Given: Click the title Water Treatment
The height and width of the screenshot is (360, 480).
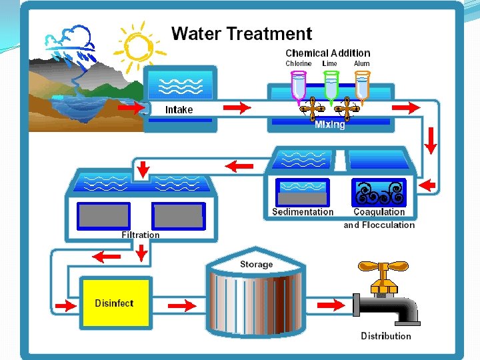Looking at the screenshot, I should [x=241, y=34].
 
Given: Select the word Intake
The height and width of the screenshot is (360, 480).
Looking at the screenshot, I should [x=179, y=110].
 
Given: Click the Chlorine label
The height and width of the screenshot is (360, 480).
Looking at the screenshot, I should [x=298, y=64].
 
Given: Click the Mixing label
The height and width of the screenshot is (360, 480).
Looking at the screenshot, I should [x=330, y=125].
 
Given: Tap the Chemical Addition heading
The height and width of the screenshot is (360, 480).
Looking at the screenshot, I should [x=327, y=53].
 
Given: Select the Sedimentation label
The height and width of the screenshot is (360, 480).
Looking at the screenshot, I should [x=303, y=212].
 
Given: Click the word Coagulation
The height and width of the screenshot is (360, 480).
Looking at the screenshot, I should [x=379, y=212].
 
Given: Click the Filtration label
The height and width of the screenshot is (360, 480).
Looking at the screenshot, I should [x=141, y=235].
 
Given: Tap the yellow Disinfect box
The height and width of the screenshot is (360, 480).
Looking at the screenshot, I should [x=114, y=303].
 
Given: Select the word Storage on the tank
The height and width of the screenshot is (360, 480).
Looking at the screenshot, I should [x=256, y=265].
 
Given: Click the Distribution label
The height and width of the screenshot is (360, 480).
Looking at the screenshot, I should [x=386, y=336].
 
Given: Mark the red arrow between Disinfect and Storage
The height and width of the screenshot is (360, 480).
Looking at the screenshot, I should [x=181, y=305].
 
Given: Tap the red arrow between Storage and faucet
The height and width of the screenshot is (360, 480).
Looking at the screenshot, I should [x=331, y=305].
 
